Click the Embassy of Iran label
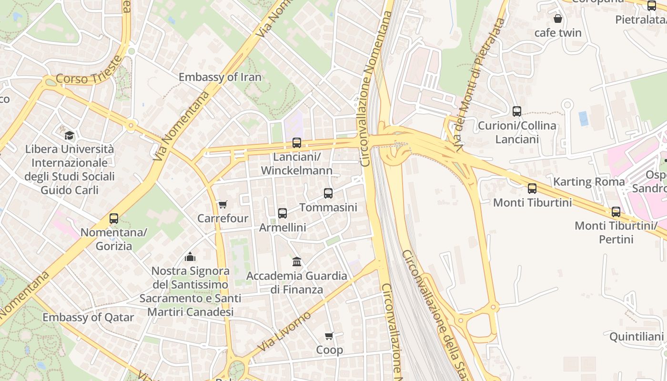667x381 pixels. click(220, 77)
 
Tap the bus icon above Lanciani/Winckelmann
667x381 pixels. click(296, 142)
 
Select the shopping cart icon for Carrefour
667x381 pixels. click(222, 205)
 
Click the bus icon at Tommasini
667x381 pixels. click(328, 193)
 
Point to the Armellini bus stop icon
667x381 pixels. click(283, 213)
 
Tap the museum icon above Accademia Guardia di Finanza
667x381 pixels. click(297, 261)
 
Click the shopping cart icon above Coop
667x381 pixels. click(329, 336)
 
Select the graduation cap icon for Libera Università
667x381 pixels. click(69, 135)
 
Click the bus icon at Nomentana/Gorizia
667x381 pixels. click(113, 219)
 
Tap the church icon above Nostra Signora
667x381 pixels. click(190, 257)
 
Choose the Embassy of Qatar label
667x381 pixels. click(88, 317)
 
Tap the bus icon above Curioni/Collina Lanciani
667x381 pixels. click(516, 111)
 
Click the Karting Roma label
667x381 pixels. click(589, 182)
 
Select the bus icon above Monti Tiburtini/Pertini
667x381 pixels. click(616, 212)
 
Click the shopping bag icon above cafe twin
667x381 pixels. click(557, 19)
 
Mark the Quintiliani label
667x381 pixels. click(636, 337)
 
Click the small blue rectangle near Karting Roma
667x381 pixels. click(583, 119)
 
